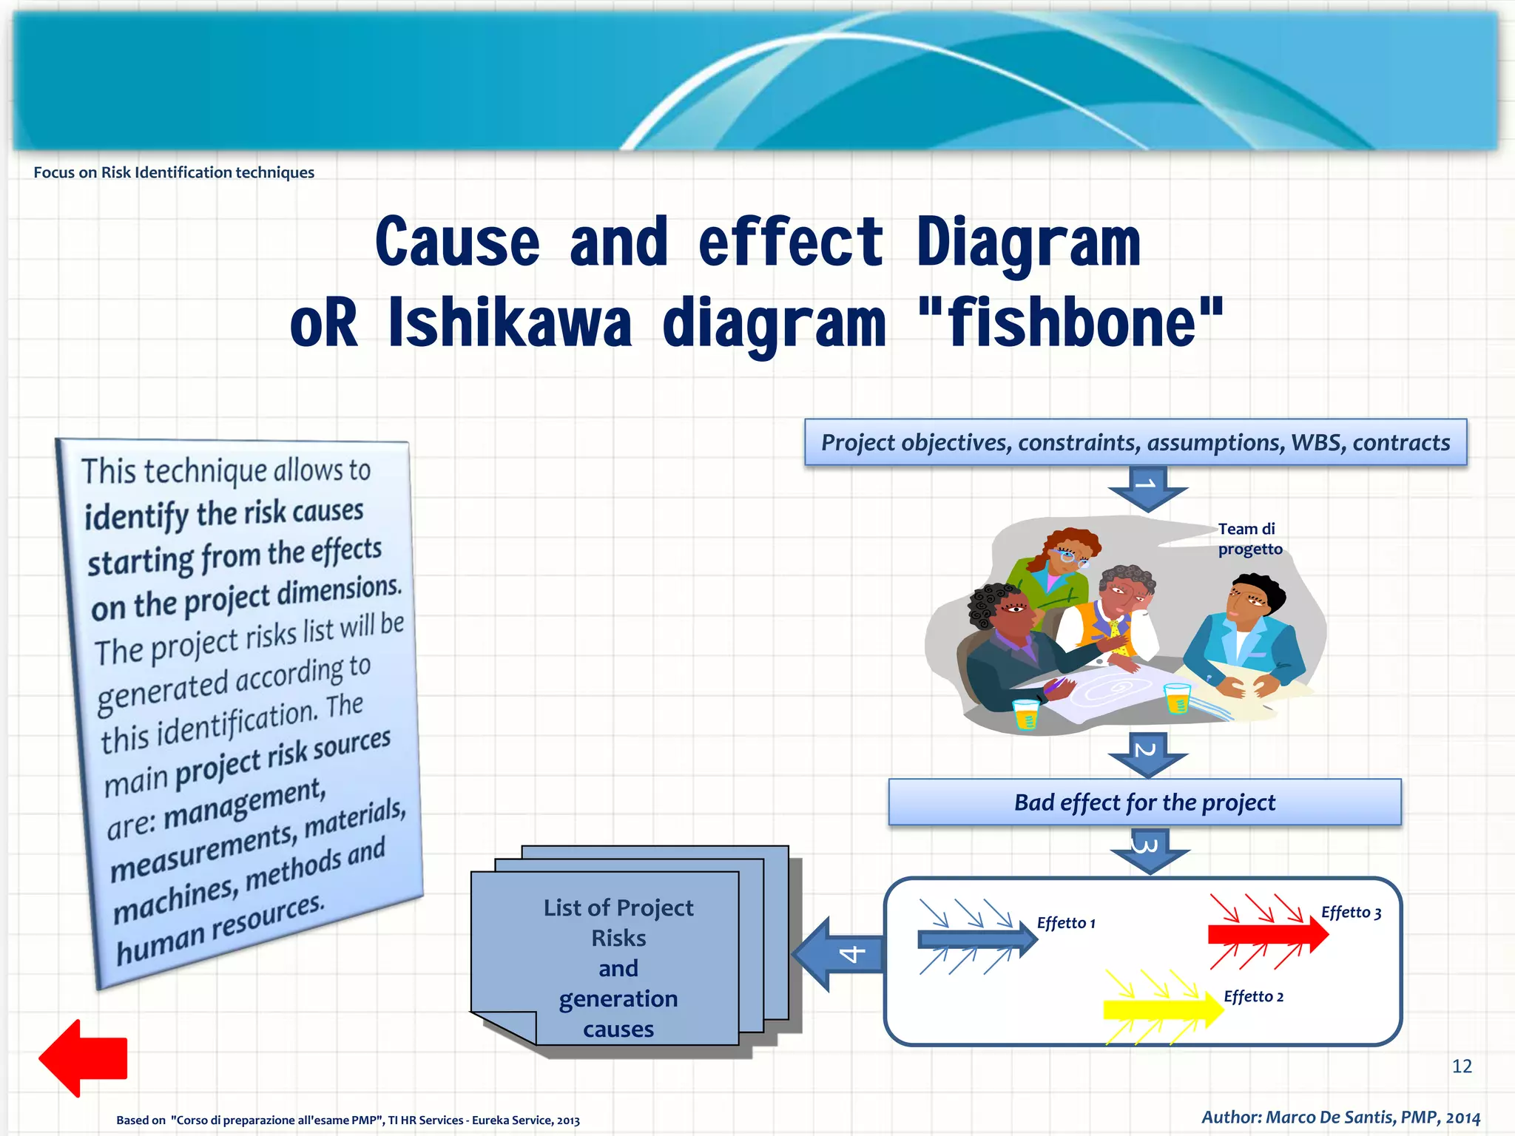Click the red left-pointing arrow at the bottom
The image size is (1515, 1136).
click(83, 1058)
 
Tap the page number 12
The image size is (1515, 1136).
click(1462, 1066)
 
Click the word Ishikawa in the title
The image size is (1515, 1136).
click(510, 323)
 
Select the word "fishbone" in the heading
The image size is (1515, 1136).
click(1070, 323)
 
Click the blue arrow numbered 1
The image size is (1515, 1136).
click(1147, 488)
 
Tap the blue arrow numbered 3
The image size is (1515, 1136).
click(1149, 851)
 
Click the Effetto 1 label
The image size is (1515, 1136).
click(1065, 923)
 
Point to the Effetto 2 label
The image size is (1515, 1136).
click(1253, 996)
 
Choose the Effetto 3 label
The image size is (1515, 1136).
click(1351, 913)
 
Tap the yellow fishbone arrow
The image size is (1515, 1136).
click(1161, 1009)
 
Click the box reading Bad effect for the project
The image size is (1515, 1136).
click(1144, 802)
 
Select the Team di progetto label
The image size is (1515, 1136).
click(1249, 539)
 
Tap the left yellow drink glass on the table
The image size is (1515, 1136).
click(1025, 714)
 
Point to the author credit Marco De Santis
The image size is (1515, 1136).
click(1340, 1117)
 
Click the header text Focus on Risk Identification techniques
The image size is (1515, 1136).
click(174, 172)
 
